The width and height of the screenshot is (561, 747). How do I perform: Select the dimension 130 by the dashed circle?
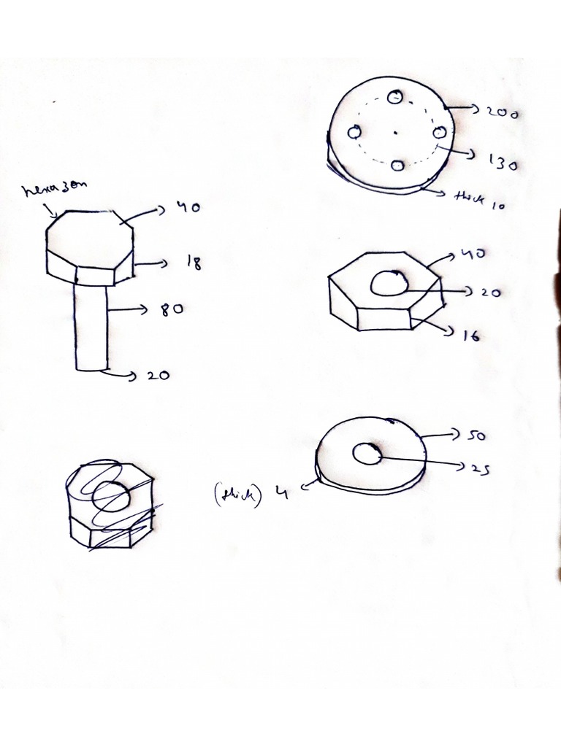(x=502, y=163)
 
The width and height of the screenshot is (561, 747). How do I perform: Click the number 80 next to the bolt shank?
(x=172, y=309)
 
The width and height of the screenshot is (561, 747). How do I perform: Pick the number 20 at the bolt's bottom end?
(x=159, y=376)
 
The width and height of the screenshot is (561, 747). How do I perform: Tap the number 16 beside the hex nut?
(x=470, y=336)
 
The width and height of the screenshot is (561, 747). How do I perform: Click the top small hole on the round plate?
(x=396, y=97)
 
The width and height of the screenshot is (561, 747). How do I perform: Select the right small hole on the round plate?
(x=440, y=133)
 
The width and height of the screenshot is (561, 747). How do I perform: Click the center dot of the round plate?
(x=394, y=133)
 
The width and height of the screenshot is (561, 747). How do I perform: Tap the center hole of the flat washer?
(x=366, y=454)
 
